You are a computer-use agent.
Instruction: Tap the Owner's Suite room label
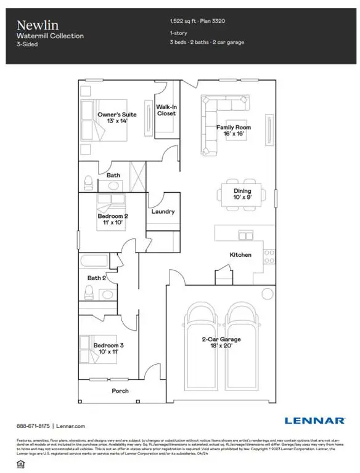[117, 118]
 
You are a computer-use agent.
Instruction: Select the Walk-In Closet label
[166, 110]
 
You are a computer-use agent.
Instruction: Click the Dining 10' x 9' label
[239, 195]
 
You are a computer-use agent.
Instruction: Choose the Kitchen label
[240, 254]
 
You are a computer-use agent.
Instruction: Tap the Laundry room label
[163, 211]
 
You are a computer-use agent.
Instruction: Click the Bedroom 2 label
[113, 220]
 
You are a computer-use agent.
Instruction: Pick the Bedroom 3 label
[108, 350]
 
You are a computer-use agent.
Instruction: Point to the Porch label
[120, 391]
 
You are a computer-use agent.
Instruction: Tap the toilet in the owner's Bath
[88, 181]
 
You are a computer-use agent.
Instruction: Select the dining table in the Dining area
[239, 195]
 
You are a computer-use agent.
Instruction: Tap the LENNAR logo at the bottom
[314, 421]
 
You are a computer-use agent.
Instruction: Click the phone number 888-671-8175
[33, 426]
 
